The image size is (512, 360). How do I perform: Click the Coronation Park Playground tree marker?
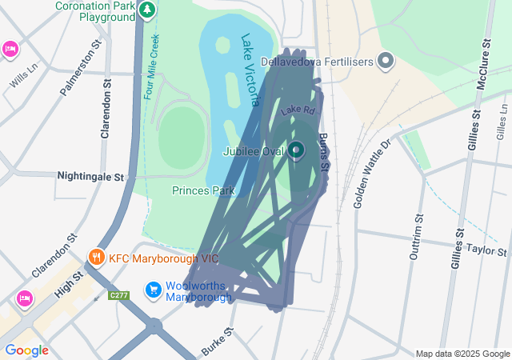(x=146, y=10)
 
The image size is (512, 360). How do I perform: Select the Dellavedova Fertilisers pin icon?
(x=386, y=60)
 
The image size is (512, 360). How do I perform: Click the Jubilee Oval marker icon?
(x=296, y=150)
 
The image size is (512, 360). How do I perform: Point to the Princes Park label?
(x=203, y=190)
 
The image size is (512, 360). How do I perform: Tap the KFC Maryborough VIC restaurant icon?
(x=96, y=258)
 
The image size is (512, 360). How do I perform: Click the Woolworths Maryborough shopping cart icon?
(x=153, y=290)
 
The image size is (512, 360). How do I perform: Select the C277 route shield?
(x=118, y=295)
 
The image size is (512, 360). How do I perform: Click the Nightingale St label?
(x=92, y=175)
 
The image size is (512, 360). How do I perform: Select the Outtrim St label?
(x=416, y=237)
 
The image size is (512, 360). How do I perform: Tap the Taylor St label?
(x=487, y=250)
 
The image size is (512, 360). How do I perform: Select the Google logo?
(x=26, y=350)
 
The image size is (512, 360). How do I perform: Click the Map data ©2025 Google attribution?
(x=462, y=354)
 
